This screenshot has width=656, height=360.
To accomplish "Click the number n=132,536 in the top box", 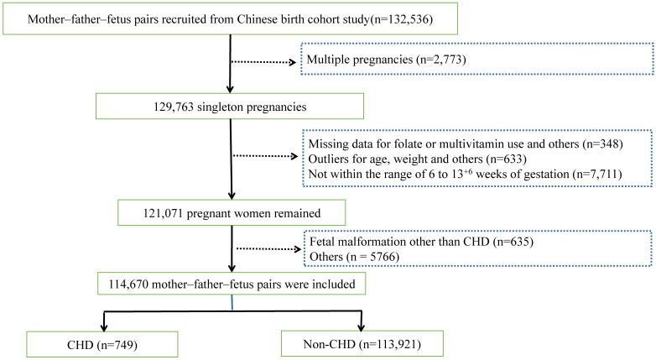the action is coord(402,19).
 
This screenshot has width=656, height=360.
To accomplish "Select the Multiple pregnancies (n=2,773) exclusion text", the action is coord(386,60).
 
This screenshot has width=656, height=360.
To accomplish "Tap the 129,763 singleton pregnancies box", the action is coord(230,107).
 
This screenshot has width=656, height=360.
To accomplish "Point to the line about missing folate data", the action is coord(466,144).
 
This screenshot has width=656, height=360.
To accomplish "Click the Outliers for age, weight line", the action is coord(417,159).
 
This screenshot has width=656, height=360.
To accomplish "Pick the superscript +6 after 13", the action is coord(468,171).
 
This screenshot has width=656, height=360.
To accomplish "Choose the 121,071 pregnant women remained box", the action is coord(232,212).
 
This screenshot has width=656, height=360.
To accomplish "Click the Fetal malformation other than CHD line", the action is coord(421,242).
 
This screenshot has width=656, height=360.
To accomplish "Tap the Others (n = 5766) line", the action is coord(354,257).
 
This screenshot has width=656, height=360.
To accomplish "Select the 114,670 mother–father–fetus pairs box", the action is coord(232,284).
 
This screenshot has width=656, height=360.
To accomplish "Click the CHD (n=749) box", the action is coord(102,345).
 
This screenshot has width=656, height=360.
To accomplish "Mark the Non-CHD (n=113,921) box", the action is coord(362,344).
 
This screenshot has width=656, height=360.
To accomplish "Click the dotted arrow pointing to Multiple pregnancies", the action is coord(263,62).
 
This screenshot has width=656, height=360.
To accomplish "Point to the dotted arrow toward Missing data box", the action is coord(265,156).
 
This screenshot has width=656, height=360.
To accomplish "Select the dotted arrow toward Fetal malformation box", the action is coord(268,249).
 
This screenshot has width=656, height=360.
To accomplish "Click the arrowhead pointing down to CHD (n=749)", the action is coord(104,328).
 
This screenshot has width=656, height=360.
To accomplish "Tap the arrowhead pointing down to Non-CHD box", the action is coord(361,327).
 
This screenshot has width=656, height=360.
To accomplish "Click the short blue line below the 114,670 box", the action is coord(232,302).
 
